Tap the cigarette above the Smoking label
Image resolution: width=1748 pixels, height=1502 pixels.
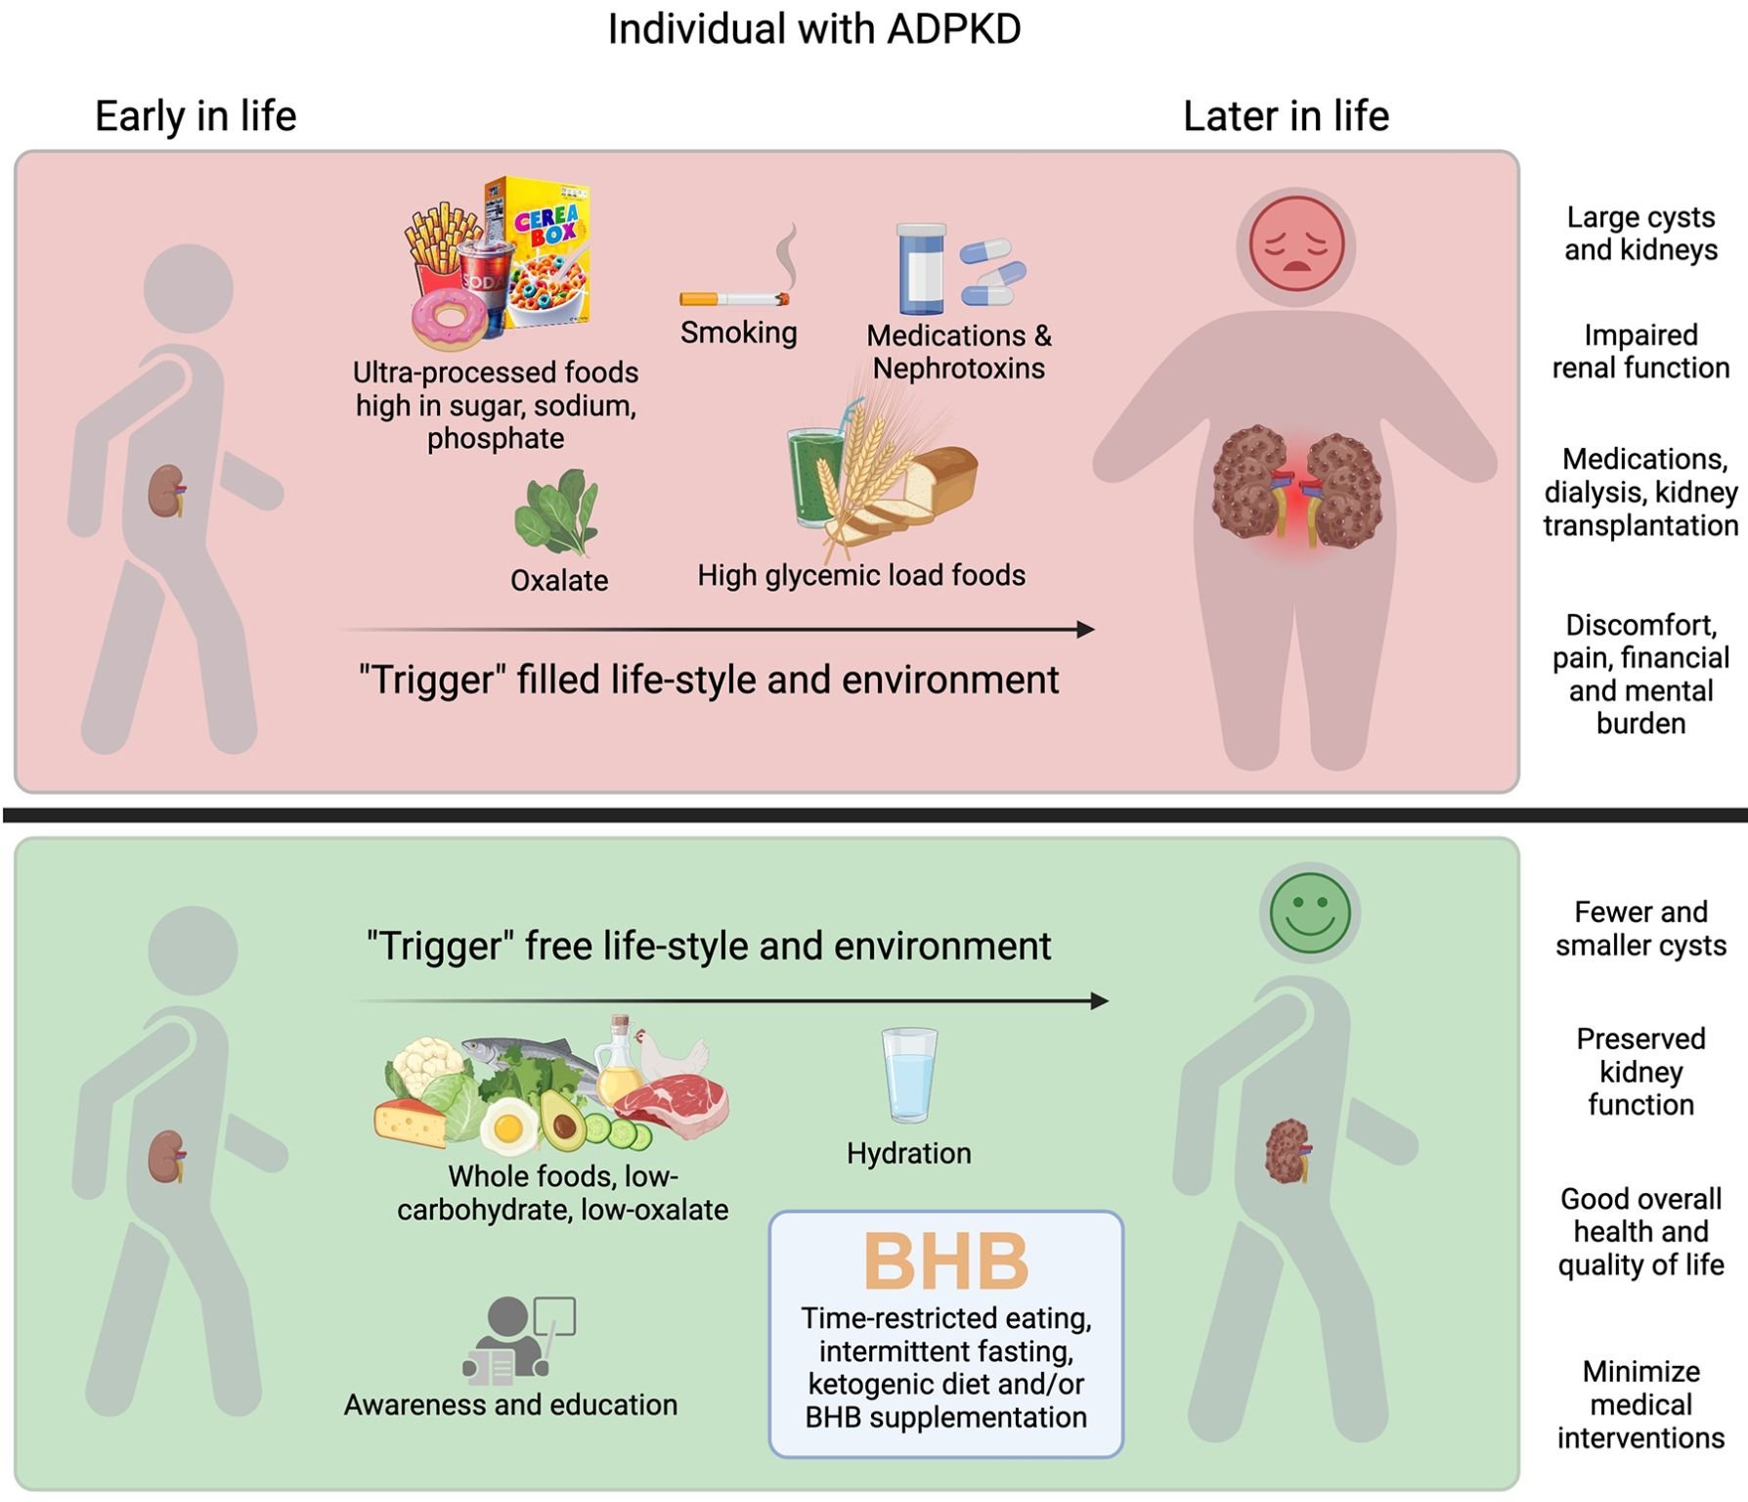click(x=734, y=298)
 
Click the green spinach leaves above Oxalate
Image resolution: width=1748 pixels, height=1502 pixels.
click(x=557, y=511)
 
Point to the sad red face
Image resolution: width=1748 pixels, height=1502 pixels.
click(x=1295, y=244)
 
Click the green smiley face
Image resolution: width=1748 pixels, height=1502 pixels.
click(x=1310, y=912)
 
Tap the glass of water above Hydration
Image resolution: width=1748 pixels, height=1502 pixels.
click(x=909, y=1074)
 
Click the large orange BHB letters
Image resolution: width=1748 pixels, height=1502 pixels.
click(x=945, y=1261)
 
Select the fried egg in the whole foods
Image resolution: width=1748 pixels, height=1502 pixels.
click(x=507, y=1126)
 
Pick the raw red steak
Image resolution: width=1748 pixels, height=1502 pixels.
click(x=675, y=1100)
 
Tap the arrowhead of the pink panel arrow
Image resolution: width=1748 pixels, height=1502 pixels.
click(x=1085, y=629)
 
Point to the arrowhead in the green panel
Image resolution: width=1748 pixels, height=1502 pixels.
click(x=1099, y=1000)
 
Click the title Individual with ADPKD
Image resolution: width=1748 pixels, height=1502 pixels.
click(x=813, y=29)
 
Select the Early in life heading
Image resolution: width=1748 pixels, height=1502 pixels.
click(x=196, y=116)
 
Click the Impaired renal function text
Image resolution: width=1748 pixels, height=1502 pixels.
click(x=1640, y=351)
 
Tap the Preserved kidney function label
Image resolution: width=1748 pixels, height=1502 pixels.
click(x=1640, y=1071)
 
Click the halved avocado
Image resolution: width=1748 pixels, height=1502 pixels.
click(x=563, y=1120)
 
